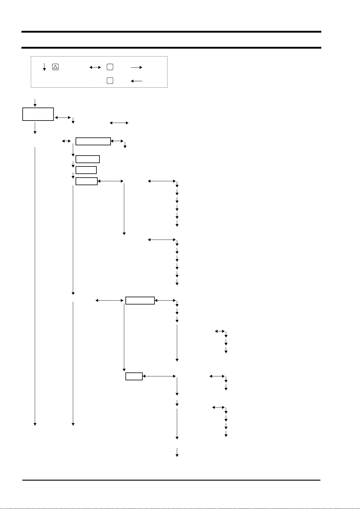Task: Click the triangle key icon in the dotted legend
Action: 55,67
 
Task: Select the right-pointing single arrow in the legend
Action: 137,68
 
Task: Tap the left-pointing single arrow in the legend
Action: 137,81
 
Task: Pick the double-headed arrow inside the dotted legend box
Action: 95,68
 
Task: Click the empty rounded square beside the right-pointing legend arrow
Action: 110,67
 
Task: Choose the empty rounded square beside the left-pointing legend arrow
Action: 110,81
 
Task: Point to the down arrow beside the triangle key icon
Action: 44,67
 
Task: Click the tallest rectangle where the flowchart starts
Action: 38,114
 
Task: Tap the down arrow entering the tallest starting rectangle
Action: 35,102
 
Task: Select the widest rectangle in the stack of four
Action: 93,141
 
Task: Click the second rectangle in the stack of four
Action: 87,159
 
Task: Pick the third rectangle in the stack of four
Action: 86,170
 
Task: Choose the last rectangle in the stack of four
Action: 86,181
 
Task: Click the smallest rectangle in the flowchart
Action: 134,376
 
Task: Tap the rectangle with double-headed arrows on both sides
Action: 140,301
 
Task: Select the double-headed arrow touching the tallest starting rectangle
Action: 63,118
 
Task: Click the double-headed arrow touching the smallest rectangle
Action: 159,376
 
